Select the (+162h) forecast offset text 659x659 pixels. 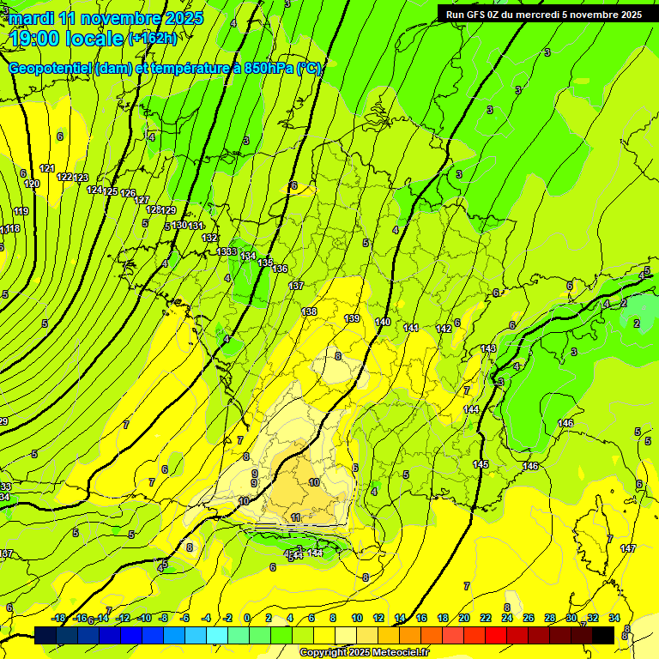point(152,39)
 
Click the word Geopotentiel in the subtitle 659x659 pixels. point(51,69)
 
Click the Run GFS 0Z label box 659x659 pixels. point(543,14)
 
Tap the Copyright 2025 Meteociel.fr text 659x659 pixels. point(364,652)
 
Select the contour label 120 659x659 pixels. point(32,184)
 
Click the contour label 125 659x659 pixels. point(111,191)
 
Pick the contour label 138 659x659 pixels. point(310,311)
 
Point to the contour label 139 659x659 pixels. point(352,318)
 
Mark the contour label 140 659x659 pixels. point(383,323)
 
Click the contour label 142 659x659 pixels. point(444,329)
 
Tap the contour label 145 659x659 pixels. point(481,464)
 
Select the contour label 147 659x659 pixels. point(628,548)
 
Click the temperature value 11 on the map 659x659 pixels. point(296,517)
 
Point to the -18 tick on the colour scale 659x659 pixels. point(58,618)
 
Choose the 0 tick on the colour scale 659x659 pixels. point(247,618)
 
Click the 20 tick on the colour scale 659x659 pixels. point(464,618)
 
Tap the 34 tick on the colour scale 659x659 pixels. point(614,618)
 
